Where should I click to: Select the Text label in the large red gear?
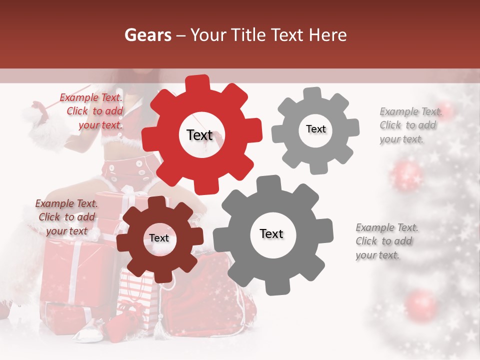199,135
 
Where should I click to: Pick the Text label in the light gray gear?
315,129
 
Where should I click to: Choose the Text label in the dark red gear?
159,238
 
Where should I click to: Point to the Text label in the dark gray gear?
271,234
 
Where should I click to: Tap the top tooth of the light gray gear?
312,94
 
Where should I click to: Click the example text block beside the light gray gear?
408,125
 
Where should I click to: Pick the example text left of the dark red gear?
66,217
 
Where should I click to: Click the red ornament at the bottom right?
421,304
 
